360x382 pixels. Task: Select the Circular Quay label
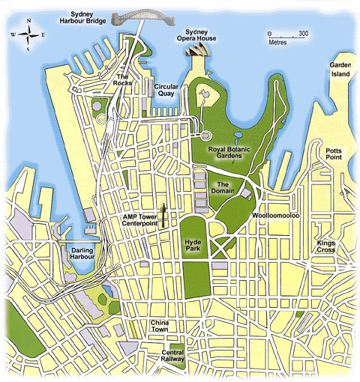click(x=166, y=90)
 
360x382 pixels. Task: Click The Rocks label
click(x=124, y=79)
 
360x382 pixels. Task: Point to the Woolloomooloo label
click(x=275, y=215)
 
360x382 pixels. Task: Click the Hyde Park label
click(x=193, y=247)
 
